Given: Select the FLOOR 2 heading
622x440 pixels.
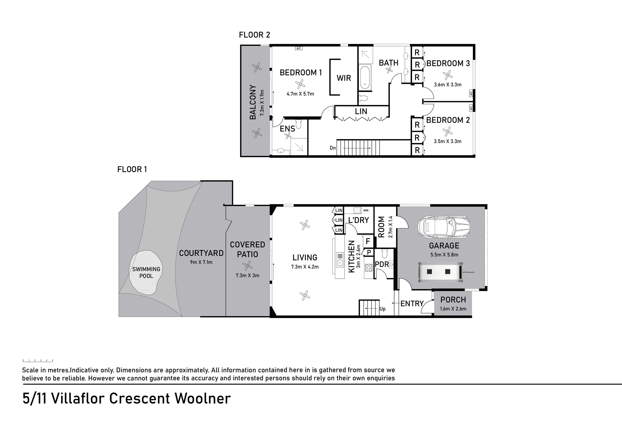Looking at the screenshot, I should [x=255, y=35].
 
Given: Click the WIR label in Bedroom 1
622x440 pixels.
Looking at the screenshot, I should [x=344, y=78].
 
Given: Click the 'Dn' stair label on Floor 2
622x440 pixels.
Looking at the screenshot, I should [x=333, y=148].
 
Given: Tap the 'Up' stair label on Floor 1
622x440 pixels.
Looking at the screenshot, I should [x=382, y=309].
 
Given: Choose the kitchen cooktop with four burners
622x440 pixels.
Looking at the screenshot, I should [x=369, y=268].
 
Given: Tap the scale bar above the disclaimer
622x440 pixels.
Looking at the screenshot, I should [x=38, y=361].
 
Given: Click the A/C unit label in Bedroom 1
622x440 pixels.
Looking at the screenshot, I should [x=298, y=48].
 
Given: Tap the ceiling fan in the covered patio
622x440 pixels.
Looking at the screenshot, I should [x=247, y=266].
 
